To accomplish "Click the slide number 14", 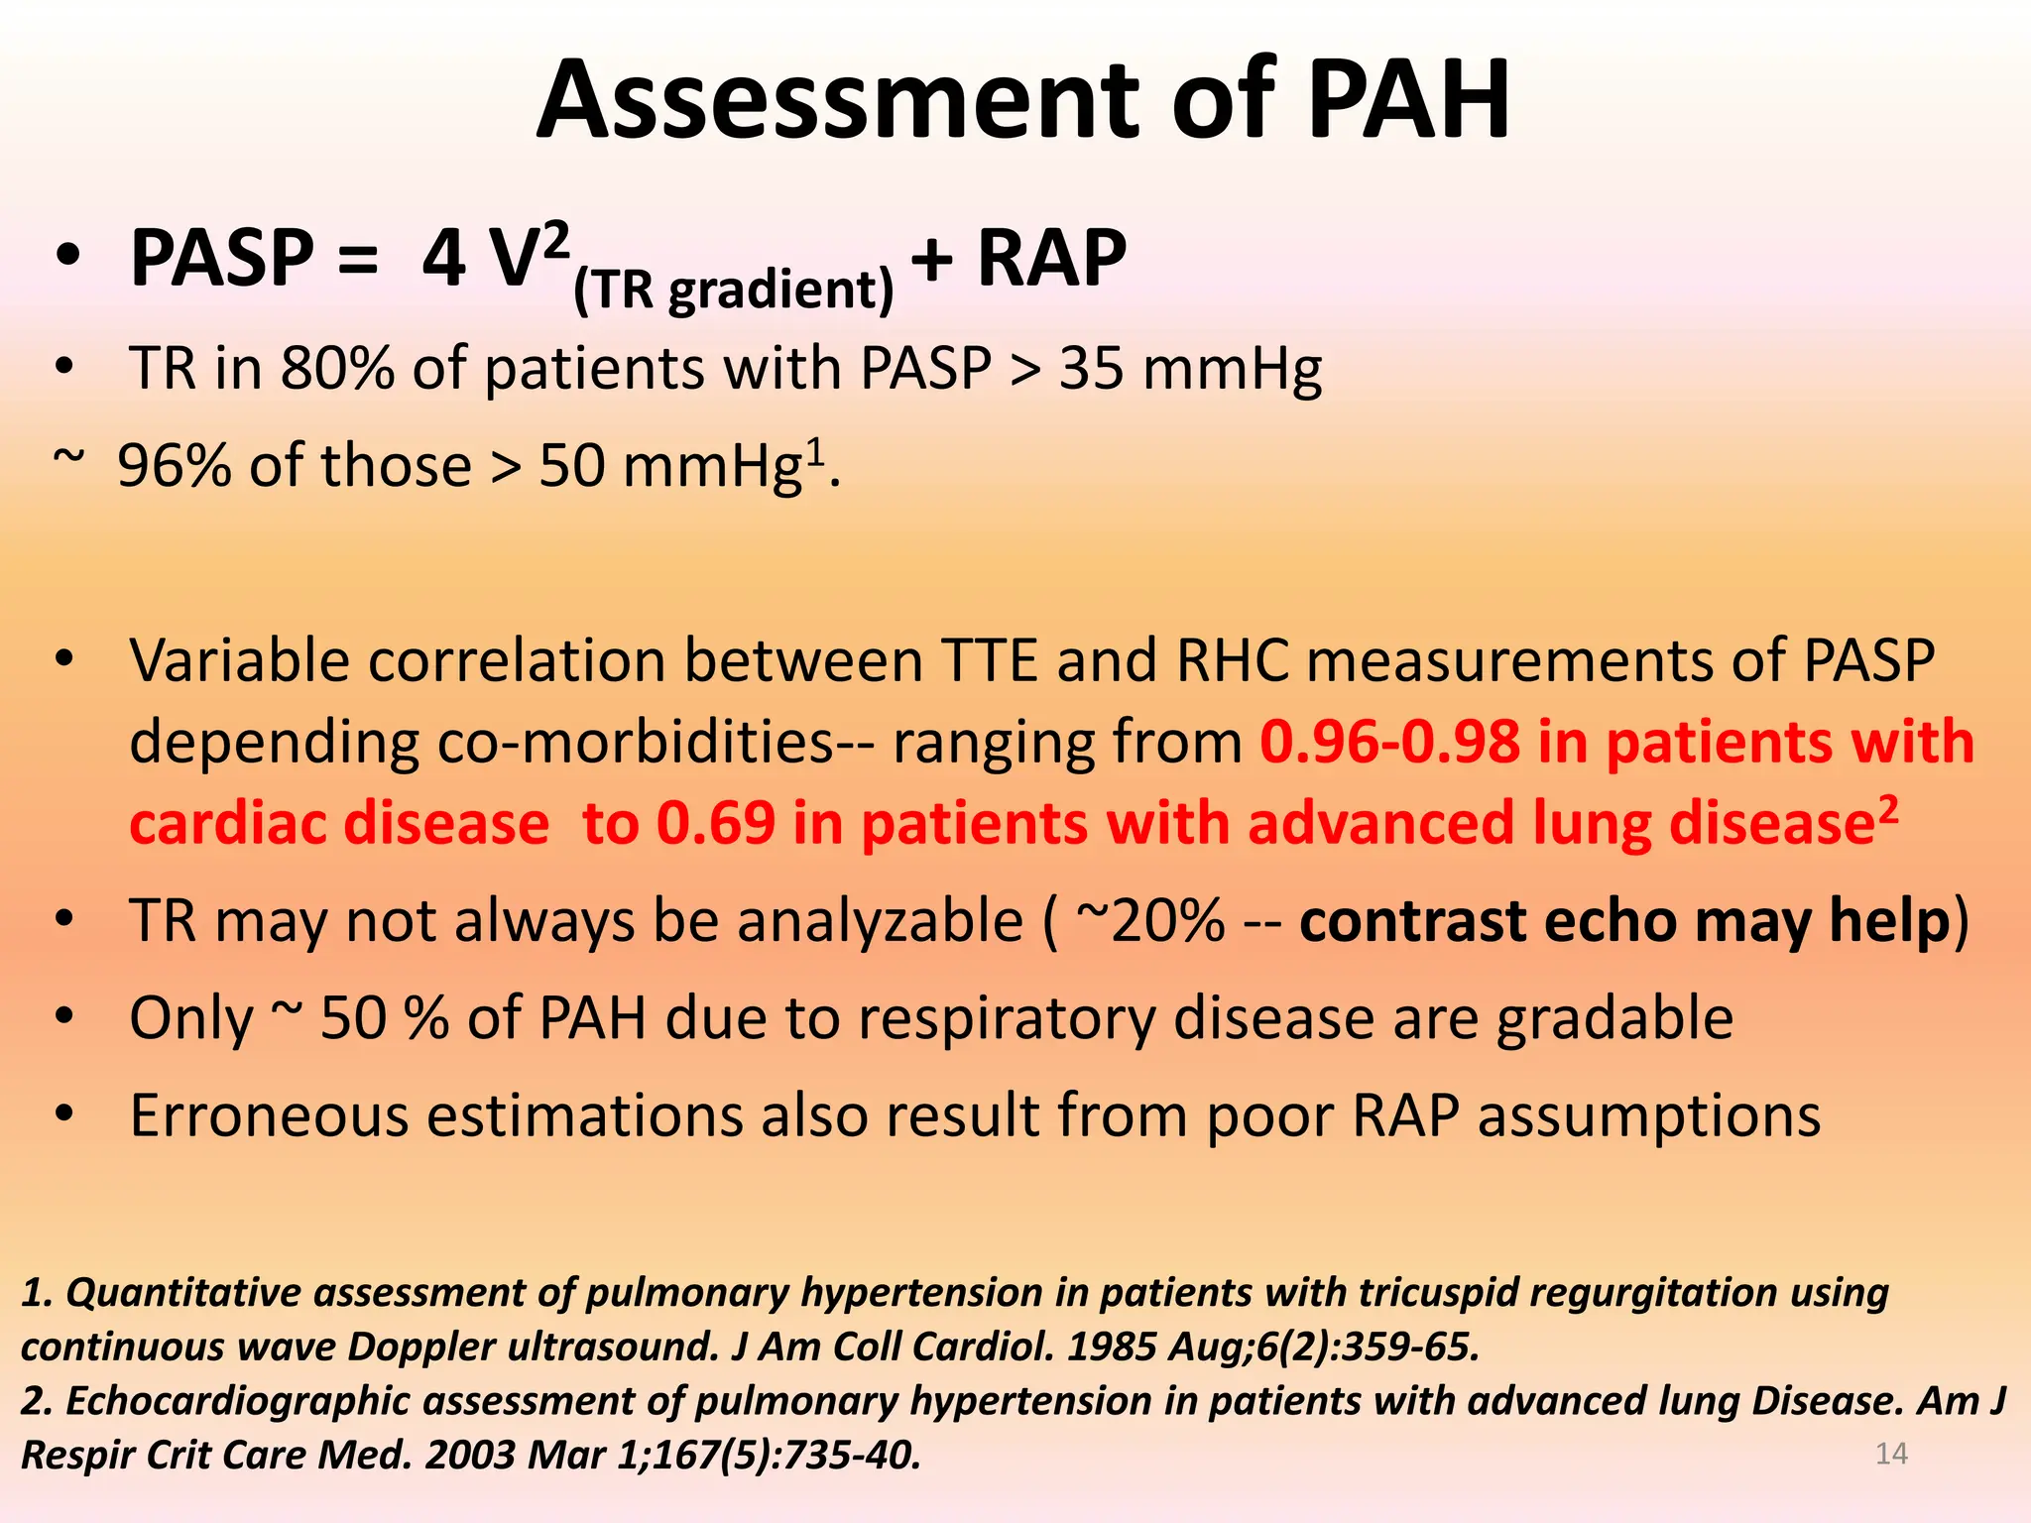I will (1891, 1454).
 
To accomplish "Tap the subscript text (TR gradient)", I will (734, 291).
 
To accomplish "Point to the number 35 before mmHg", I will (1091, 369).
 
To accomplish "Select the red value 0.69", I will (716, 823).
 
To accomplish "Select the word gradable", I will (1614, 1018).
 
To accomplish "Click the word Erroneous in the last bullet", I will (269, 1115).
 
